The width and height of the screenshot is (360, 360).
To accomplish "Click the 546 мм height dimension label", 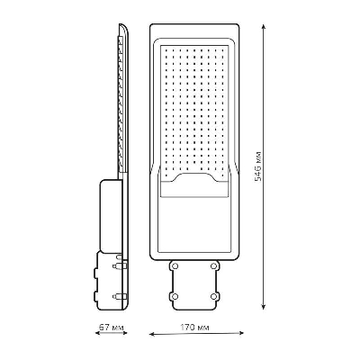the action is point(257,166).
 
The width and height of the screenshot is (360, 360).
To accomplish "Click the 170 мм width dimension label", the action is point(194,327).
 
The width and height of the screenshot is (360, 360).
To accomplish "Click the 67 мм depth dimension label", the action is point(111,327).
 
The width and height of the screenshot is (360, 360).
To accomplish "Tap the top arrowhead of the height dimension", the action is point(264,27).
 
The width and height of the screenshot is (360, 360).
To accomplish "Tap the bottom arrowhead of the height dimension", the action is point(264,306).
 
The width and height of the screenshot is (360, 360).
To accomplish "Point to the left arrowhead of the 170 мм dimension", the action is point(152,333).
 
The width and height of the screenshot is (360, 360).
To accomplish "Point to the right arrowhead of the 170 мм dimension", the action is point(240,333).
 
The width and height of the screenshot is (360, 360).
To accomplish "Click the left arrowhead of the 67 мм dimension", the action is point(98,333).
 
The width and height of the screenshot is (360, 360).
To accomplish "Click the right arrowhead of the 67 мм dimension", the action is point(124,333).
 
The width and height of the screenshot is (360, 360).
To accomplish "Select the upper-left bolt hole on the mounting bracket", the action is point(175,265).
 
